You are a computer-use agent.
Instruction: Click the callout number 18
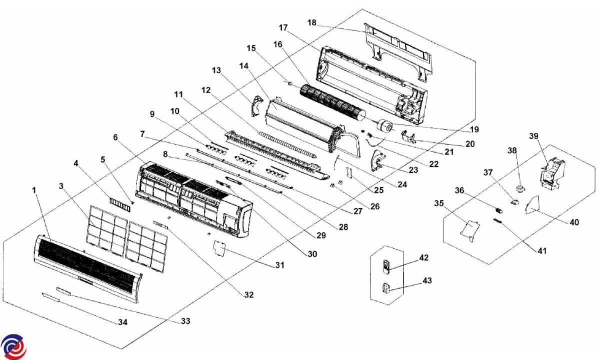312,23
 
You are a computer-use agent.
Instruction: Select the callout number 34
122,322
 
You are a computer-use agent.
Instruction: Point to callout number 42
424,257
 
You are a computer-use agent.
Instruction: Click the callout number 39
534,136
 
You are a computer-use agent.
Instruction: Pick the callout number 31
279,265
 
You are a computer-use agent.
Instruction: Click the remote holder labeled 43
386,288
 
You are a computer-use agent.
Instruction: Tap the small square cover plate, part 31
219,248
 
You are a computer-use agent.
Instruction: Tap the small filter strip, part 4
119,204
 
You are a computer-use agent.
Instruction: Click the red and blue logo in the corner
13,346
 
